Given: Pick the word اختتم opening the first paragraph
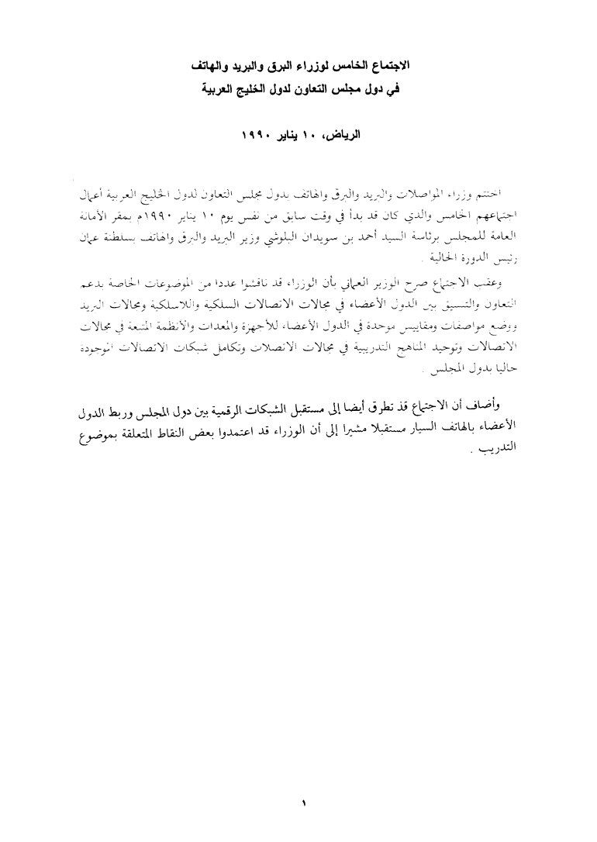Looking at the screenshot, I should coord(506,191).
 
